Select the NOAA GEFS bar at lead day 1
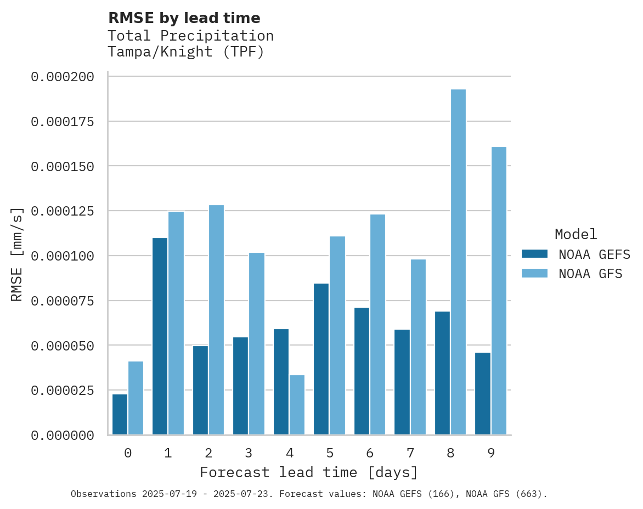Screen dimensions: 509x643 (x=160, y=336)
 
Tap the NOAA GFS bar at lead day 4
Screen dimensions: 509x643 (x=297, y=405)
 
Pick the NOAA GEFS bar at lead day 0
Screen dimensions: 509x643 (x=120, y=415)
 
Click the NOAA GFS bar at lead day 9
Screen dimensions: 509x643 (x=499, y=291)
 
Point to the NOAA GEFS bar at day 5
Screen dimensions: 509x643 (x=321, y=359)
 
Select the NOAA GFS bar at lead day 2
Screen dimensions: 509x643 (x=216, y=320)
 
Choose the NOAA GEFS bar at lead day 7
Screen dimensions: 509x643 (x=402, y=382)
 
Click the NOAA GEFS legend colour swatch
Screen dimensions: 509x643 (x=534, y=254)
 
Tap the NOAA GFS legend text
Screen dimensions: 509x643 (x=590, y=273)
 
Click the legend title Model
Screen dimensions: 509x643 (x=576, y=234)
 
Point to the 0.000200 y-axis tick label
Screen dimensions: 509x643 (x=62, y=77)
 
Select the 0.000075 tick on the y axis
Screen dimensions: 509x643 (x=62, y=301)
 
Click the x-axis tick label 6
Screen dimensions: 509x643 (x=370, y=453)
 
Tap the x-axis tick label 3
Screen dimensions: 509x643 (x=249, y=453)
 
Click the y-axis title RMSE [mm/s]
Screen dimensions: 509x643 (x=17, y=255)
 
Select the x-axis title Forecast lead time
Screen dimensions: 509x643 (x=309, y=472)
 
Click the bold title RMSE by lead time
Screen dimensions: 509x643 (x=184, y=18)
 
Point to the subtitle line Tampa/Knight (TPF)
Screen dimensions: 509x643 (x=186, y=52)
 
